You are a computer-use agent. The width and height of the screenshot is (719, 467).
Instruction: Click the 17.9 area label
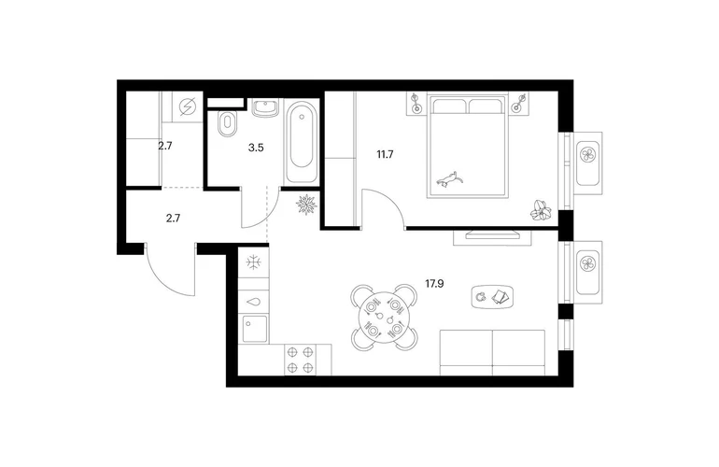click(434, 284)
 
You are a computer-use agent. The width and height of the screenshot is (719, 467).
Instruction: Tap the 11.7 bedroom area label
click(385, 155)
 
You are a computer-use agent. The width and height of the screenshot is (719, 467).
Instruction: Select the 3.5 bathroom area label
click(256, 148)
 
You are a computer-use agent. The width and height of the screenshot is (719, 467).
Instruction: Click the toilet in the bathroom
click(227, 123)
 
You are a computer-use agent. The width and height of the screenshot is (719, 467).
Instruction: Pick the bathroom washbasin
click(265, 108)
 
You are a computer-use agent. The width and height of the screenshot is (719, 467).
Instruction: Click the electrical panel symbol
click(187, 106)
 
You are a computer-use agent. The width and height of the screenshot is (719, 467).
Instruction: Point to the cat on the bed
click(449, 179)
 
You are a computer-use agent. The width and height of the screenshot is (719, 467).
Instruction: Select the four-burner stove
click(300, 360)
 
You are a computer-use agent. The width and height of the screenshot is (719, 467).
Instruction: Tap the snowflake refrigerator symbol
click(254, 262)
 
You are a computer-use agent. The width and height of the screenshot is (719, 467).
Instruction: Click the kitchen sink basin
click(255, 329)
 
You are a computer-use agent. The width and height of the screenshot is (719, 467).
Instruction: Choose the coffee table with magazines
click(492, 297)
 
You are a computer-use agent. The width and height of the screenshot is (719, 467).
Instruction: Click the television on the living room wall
click(492, 235)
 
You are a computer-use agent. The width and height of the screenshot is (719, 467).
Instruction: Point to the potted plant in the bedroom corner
click(541, 210)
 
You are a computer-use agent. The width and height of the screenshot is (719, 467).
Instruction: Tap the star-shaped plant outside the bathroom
click(306, 205)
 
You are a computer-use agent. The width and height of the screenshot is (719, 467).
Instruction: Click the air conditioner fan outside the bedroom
click(587, 155)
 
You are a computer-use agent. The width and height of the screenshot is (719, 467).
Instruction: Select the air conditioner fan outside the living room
click(587, 263)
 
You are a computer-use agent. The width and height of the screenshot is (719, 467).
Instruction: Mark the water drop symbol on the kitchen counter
click(253, 302)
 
